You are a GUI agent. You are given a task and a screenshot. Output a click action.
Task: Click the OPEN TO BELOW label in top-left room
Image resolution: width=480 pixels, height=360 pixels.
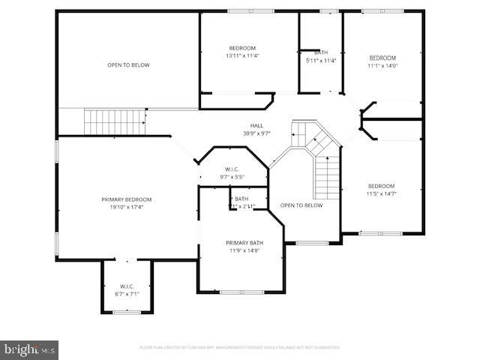128,65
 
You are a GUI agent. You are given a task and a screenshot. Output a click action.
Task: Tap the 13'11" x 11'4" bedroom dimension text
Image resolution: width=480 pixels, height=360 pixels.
242,55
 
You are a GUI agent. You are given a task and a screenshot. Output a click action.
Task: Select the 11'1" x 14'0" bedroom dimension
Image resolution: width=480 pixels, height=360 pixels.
382,65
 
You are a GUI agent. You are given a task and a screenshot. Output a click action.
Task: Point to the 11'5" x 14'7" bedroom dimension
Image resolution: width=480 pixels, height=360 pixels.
382,193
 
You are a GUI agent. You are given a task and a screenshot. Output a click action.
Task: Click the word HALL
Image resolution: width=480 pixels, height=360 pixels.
256,125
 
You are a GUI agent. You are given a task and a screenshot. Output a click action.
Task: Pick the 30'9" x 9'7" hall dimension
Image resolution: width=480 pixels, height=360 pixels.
256,133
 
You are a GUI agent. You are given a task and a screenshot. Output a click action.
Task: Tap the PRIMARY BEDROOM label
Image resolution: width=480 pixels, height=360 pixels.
127,199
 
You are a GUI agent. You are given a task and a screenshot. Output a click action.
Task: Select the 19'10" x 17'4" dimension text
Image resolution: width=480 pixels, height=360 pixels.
127,207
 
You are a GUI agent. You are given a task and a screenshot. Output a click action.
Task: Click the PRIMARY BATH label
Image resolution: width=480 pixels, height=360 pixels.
244,243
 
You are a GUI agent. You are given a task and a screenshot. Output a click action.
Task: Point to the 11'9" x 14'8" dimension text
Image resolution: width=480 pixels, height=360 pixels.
244,250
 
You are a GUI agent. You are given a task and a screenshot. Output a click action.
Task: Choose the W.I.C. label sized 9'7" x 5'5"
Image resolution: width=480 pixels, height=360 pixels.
232,169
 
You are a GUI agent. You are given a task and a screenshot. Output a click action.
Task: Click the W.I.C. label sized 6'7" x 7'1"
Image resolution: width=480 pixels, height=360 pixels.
127,286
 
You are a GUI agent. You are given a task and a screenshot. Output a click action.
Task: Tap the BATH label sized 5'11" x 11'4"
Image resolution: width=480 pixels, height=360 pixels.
322,52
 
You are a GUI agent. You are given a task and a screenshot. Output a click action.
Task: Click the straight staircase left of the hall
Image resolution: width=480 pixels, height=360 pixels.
114,119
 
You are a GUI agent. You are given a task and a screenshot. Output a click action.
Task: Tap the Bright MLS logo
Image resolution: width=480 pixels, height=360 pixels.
30,349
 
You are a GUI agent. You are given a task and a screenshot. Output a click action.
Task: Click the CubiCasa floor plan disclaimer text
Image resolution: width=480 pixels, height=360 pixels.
240,347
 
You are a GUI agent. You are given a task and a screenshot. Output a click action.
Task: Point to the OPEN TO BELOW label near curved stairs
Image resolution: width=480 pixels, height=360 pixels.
301,205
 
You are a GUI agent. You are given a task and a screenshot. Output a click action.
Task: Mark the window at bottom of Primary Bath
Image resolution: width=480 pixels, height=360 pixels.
241,292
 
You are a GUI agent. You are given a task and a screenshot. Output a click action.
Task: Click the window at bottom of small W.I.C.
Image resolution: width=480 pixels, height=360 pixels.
127,312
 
